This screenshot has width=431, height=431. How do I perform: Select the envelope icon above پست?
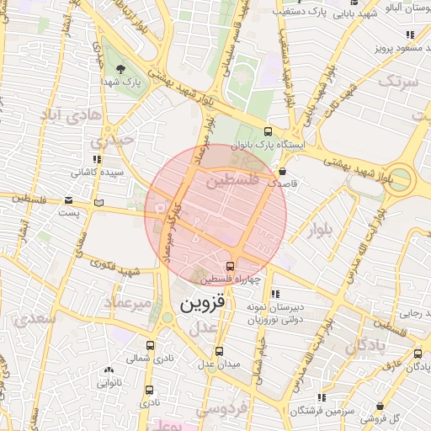pyautogui.click(x=68, y=201)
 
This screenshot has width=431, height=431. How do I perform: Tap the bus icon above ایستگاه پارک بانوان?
pyautogui.click(x=268, y=131)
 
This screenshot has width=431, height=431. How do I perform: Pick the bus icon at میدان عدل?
pyautogui.click(x=219, y=351)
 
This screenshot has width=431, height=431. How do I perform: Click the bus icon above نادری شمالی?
pyautogui.click(x=150, y=345)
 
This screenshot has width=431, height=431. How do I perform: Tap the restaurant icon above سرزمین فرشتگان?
pyautogui.click(x=322, y=397)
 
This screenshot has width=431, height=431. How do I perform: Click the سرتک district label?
pyautogui.click(x=399, y=82)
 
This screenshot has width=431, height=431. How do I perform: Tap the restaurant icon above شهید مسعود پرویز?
pyautogui.click(x=409, y=35)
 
